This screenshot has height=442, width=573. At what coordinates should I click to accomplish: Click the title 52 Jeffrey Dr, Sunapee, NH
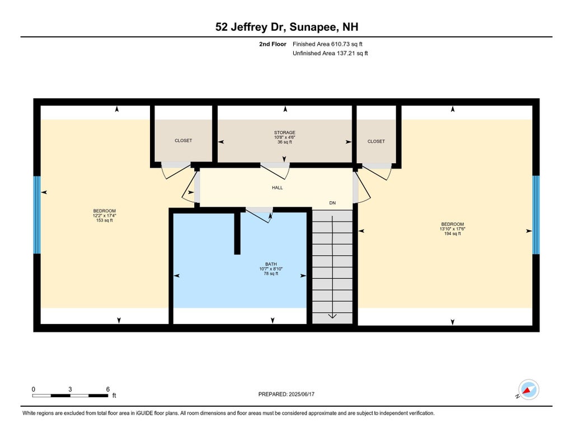tap(286, 27)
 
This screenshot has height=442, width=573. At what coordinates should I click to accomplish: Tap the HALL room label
tap(278, 188)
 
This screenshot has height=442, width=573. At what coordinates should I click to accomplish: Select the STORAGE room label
tap(285, 132)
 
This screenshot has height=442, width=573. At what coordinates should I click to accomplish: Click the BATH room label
tap(271, 264)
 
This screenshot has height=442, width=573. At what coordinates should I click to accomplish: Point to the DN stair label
tap(332, 203)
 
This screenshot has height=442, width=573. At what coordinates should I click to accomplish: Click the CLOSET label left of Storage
tap(183, 140)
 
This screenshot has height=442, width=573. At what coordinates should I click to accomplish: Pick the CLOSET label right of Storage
tap(376, 141)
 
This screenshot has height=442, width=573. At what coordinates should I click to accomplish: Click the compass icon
tap(528, 389)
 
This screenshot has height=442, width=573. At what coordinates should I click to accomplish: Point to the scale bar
tap(70, 396)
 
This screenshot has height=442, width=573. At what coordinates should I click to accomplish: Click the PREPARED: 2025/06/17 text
tap(286, 394)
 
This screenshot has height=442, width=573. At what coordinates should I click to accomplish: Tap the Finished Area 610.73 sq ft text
tap(327, 44)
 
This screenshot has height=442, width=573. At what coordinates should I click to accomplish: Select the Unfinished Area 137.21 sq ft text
tap(330, 53)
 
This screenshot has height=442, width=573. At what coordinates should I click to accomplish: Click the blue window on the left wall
tap(37, 215)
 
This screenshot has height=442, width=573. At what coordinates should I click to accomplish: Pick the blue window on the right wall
tap(536, 215)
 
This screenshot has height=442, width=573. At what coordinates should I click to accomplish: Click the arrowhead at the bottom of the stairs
tap(332, 316)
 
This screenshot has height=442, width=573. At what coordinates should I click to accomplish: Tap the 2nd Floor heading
tap(273, 44)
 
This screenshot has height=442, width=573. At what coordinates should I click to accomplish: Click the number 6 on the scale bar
tap(108, 389)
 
